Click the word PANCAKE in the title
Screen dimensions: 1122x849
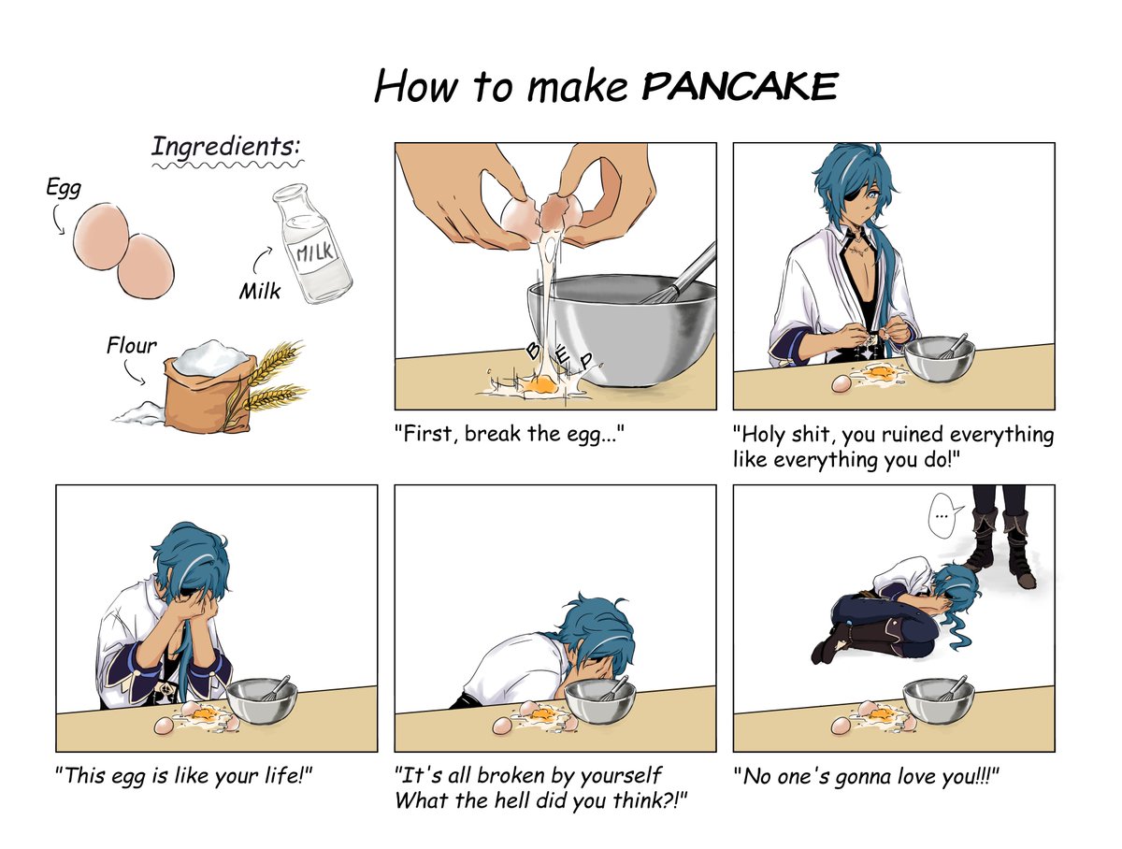point(740,86)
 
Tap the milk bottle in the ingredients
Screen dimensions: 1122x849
point(311,244)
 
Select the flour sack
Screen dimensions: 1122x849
point(207,386)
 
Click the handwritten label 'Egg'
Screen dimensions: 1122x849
point(64,188)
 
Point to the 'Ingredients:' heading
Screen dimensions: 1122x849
point(225,147)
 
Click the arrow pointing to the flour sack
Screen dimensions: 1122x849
point(133,372)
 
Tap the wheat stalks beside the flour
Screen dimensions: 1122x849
point(273,381)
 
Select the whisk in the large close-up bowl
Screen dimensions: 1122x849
point(680,273)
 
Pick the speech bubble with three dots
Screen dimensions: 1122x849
point(942,514)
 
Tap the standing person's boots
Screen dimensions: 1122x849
point(1000,547)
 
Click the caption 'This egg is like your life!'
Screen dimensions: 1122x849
point(183,776)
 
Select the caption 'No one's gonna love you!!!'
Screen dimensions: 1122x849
point(866,776)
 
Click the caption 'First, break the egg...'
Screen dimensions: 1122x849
point(510,435)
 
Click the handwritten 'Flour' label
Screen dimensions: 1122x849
point(132,346)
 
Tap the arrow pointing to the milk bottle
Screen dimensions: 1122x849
point(262,259)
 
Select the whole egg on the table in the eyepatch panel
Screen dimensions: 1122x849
point(841,383)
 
